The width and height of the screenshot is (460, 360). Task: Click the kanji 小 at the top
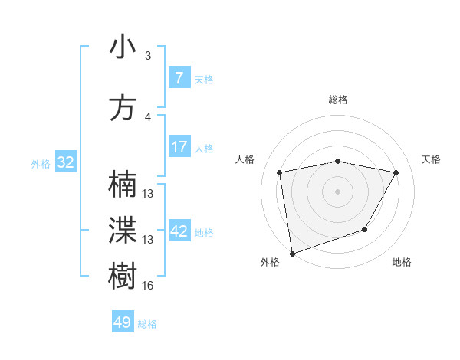[123, 47]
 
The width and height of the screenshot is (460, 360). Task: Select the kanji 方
[123, 107]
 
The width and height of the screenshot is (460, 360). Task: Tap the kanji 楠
[123, 185]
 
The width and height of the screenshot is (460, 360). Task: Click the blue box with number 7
[179, 78]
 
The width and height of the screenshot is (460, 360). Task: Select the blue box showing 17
[179, 147]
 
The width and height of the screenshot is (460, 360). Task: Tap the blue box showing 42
[179, 231]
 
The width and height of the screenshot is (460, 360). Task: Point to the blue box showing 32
[65, 162]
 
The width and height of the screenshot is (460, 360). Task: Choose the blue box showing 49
[123, 322]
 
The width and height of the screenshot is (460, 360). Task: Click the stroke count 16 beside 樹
[148, 286]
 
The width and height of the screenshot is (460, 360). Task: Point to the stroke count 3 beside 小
[148, 56]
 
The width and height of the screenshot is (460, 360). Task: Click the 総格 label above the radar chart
[337, 100]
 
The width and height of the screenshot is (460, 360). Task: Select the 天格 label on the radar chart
[431, 159]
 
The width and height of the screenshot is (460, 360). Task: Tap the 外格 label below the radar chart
[270, 262]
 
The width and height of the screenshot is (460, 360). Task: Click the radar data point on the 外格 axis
[292, 253]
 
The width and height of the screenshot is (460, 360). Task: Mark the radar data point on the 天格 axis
[396, 172]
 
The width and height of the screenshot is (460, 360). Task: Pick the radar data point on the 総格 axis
[337, 161]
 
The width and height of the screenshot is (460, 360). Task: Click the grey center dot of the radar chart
[337, 191]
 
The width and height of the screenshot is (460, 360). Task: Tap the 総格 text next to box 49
[147, 324]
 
